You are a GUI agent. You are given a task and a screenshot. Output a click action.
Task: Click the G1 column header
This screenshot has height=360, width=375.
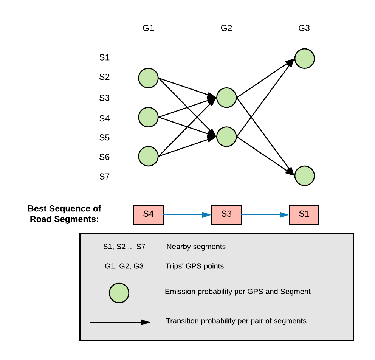148,28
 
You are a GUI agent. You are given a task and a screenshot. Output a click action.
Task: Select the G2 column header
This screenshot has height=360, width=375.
226,28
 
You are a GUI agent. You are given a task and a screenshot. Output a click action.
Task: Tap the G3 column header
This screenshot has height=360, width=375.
304,28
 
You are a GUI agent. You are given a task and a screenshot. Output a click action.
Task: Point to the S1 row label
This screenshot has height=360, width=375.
104,57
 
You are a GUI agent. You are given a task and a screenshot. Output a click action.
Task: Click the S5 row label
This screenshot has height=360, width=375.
104,138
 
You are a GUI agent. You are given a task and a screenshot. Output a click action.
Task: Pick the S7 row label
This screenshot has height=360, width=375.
104,177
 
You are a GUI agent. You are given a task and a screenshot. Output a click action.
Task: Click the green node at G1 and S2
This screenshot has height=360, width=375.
148,78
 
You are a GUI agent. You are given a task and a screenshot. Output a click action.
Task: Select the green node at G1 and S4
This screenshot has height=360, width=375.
148,117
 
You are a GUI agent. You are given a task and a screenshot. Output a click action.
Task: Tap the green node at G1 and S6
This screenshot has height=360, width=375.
148,156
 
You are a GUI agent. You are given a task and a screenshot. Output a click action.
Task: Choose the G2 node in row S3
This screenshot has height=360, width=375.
226,98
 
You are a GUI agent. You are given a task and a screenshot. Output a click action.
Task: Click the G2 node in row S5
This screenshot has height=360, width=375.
226,137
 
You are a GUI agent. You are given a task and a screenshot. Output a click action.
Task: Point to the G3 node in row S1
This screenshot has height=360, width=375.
304,59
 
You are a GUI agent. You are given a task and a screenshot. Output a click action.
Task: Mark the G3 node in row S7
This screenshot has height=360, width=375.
304,176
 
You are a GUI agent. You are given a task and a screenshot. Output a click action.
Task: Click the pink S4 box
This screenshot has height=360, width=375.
148,215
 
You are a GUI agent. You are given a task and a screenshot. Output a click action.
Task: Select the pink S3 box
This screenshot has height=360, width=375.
226,215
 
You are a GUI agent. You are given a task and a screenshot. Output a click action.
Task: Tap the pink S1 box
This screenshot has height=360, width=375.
304,215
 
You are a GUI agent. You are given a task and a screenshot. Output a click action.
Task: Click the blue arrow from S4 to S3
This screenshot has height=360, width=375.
187,215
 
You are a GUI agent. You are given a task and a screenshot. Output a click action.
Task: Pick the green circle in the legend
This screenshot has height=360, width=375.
119,293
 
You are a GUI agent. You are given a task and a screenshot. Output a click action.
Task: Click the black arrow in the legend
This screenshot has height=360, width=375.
120,322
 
